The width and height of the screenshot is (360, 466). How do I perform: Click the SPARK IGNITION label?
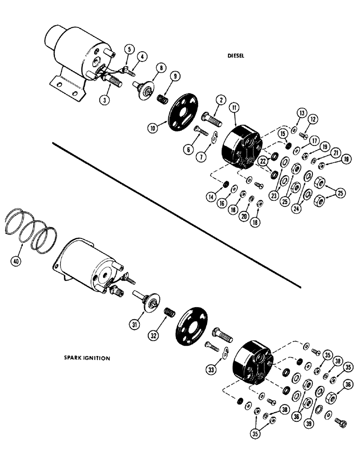click(87, 358)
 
